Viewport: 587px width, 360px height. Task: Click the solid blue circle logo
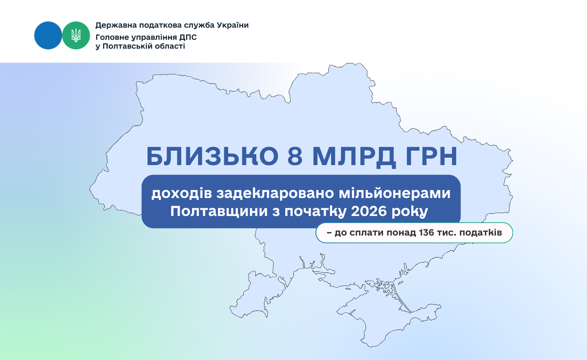coord(48,35)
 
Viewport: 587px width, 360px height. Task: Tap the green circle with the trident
coord(76,35)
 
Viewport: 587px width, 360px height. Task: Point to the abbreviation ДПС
coord(188,38)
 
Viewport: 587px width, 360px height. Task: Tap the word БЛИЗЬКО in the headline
coord(212,157)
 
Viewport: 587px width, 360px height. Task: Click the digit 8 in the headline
coord(295,157)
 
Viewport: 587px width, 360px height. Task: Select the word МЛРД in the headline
coord(354,157)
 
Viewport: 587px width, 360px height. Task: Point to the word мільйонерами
coord(394,194)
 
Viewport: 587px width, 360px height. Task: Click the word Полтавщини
coord(219,211)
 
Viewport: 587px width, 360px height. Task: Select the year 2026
coord(369,211)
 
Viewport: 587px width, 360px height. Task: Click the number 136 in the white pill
coord(427,232)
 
